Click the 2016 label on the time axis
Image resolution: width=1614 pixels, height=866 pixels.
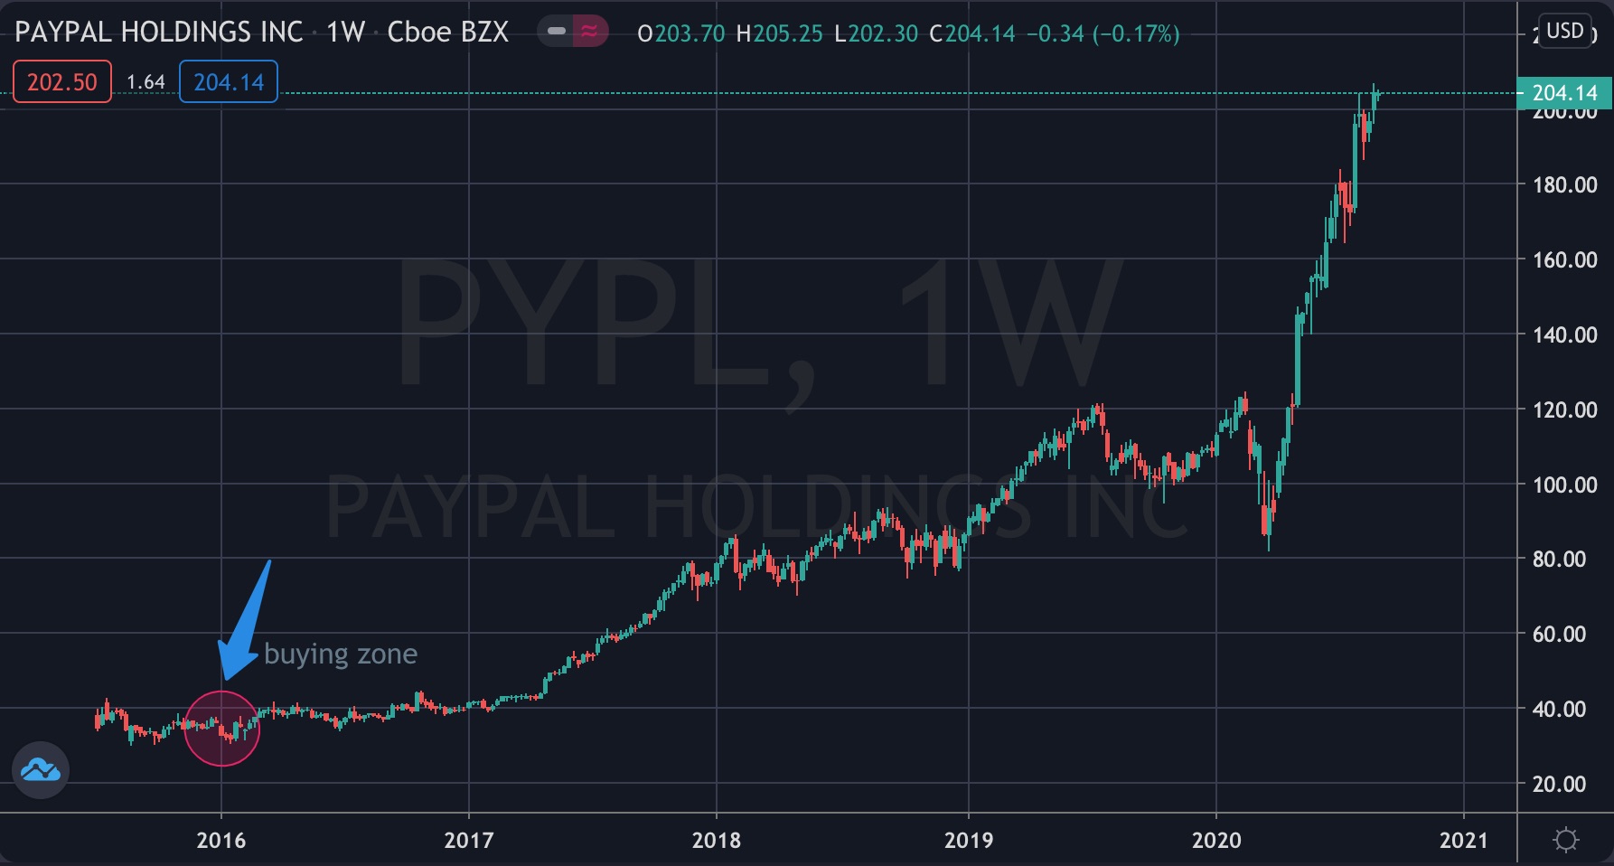[221, 841]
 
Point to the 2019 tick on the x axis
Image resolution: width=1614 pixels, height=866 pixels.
[968, 841]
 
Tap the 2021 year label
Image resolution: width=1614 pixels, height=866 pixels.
[1463, 841]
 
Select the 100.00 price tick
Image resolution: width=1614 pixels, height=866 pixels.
[1564, 485]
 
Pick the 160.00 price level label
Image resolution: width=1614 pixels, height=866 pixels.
[1564, 259]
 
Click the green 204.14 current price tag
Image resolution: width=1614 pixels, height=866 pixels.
[1564, 93]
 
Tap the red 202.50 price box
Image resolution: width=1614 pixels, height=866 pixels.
[61, 82]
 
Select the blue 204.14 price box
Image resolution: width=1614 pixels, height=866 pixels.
[229, 82]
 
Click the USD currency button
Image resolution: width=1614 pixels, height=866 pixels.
[1564, 32]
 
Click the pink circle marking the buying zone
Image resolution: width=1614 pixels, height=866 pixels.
[221, 729]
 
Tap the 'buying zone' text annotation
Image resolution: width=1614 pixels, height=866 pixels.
[341, 654]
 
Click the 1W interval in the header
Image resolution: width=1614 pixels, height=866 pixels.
[345, 33]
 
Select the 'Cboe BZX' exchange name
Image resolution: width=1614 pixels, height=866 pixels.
[447, 33]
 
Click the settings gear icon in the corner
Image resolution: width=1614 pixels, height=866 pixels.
[1565, 841]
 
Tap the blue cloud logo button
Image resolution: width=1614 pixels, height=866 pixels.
[41, 770]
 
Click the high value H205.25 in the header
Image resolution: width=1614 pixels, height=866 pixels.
[779, 34]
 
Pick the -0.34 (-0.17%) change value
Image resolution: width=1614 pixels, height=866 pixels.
[1103, 34]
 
